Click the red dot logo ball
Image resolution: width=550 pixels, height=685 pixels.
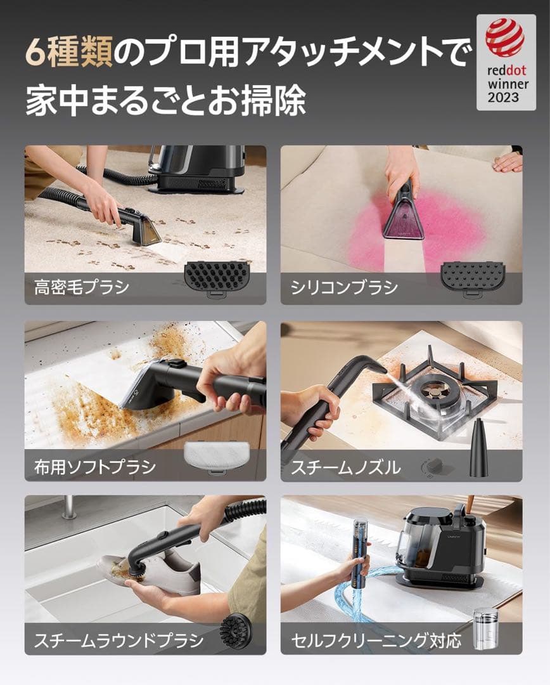(x=505, y=37)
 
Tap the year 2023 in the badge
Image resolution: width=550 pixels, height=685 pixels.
(x=503, y=98)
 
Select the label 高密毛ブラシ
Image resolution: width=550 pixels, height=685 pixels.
(x=82, y=287)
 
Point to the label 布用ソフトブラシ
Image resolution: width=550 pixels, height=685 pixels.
(x=95, y=467)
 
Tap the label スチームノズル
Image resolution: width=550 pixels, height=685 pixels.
(x=345, y=467)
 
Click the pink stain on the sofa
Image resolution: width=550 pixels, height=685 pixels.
(x=444, y=222)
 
